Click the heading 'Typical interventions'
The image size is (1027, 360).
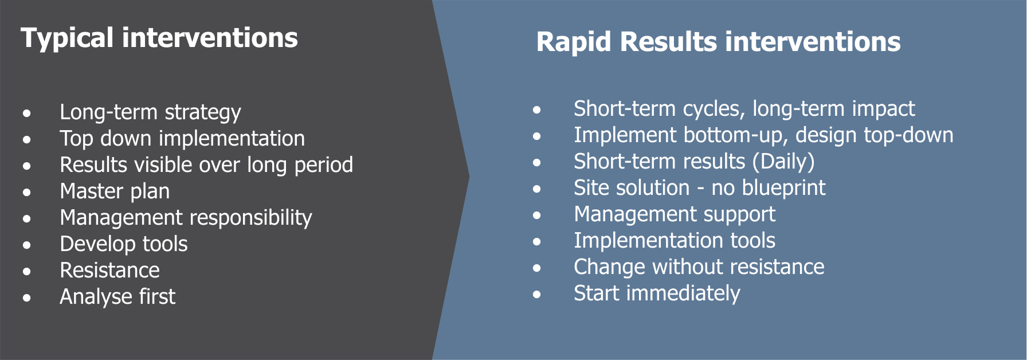pos(159,38)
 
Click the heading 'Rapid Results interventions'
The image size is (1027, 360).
pos(718,42)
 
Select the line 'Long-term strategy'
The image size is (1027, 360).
pos(150,112)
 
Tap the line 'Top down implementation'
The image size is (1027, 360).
pos(182,139)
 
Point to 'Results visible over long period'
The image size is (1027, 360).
pos(206,165)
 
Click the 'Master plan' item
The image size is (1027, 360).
pos(115,191)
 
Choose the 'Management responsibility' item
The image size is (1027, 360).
pos(186,218)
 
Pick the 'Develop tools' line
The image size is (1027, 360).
pos(124,244)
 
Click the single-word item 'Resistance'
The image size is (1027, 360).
pos(109,271)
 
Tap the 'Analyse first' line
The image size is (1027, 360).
pos(117,297)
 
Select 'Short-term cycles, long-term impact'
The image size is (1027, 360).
pos(744,109)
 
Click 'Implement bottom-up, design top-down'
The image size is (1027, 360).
pos(763,135)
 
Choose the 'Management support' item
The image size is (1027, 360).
pos(675,214)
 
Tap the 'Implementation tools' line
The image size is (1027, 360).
pos(675,241)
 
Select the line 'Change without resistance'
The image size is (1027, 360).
pos(699,267)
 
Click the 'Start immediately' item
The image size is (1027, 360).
pos(657,294)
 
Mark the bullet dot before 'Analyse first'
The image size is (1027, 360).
pos(27,298)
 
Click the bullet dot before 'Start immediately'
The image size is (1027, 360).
pos(536,295)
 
